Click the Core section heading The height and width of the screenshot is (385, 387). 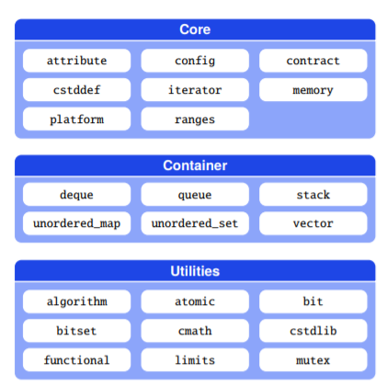[x=195, y=29]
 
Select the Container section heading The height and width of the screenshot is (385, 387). [x=195, y=165]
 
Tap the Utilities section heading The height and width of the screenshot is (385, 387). [x=195, y=271]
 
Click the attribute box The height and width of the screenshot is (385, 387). [x=76, y=61]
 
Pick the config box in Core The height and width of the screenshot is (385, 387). [x=195, y=61]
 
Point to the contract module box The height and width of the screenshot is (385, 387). [x=313, y=61]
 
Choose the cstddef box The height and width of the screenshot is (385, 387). [x=76, y=90]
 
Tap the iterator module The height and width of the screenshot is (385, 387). [x=195, y=90]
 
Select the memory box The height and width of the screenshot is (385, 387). [x=313, y=90]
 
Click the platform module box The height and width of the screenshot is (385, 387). [x=76, y=119]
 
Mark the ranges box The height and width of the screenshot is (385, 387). [x=195, y=119]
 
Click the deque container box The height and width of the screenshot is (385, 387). [x=76, y=195]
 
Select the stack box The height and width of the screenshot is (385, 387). [x=313, y=195]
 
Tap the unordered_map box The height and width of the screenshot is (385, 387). [x=76, y=223]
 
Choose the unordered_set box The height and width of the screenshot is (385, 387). [x=195, y=223]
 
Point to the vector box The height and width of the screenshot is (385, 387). [x=313, y=223]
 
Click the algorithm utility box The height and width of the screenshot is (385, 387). [x=76, y=301]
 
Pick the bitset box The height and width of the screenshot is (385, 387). [x=76, y=331]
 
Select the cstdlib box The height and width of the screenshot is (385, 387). [x=313, y=331]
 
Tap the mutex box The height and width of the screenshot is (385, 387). [x=313, y=360]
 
